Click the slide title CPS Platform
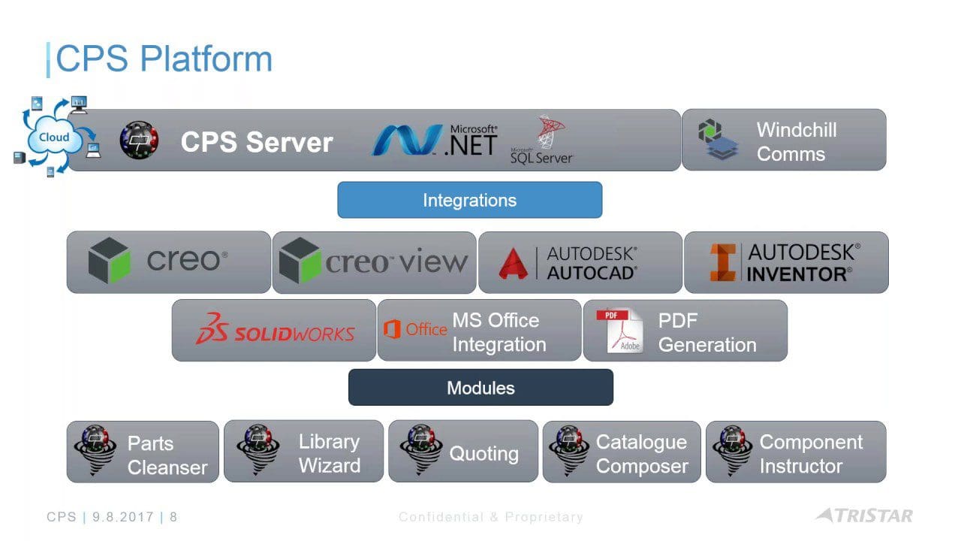coord(164,59)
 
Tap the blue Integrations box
coord(470,200)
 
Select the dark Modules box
coord(480,387)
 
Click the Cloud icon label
coord(54,138)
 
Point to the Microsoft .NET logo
coord(435,140)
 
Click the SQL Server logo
coord(541,140)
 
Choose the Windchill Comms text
coord(797,142)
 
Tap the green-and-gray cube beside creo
coord(109,260)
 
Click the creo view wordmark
coord(396,261)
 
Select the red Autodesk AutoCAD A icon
coord(513,264)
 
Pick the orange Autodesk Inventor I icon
coord(723,262)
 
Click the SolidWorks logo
coord(275,329)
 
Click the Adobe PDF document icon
coord(620,331)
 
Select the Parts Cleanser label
coord(167,455)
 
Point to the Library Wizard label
coord(330,453)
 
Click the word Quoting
coord(484,453)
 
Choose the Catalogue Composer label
coord(642,454)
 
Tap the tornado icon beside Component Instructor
coord(733,450)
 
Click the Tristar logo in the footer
coord(864,515)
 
